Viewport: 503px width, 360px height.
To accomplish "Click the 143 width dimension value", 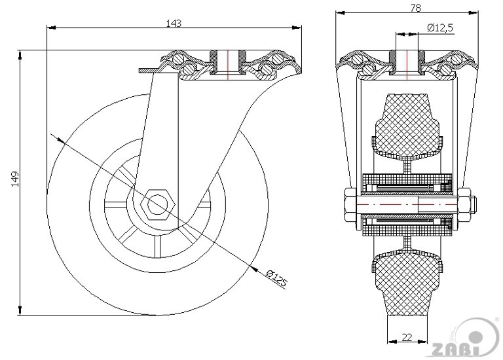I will (x=173, y=23).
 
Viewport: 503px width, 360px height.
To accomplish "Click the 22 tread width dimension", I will (x=407, y=337).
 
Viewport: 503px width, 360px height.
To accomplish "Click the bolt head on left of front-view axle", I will (x=348, y=203).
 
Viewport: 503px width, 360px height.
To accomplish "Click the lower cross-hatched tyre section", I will (x=407, y=278).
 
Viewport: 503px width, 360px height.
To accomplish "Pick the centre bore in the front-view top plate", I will (x=406, y=60).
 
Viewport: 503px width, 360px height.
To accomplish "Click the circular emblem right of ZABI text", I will (x=486, y=338).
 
